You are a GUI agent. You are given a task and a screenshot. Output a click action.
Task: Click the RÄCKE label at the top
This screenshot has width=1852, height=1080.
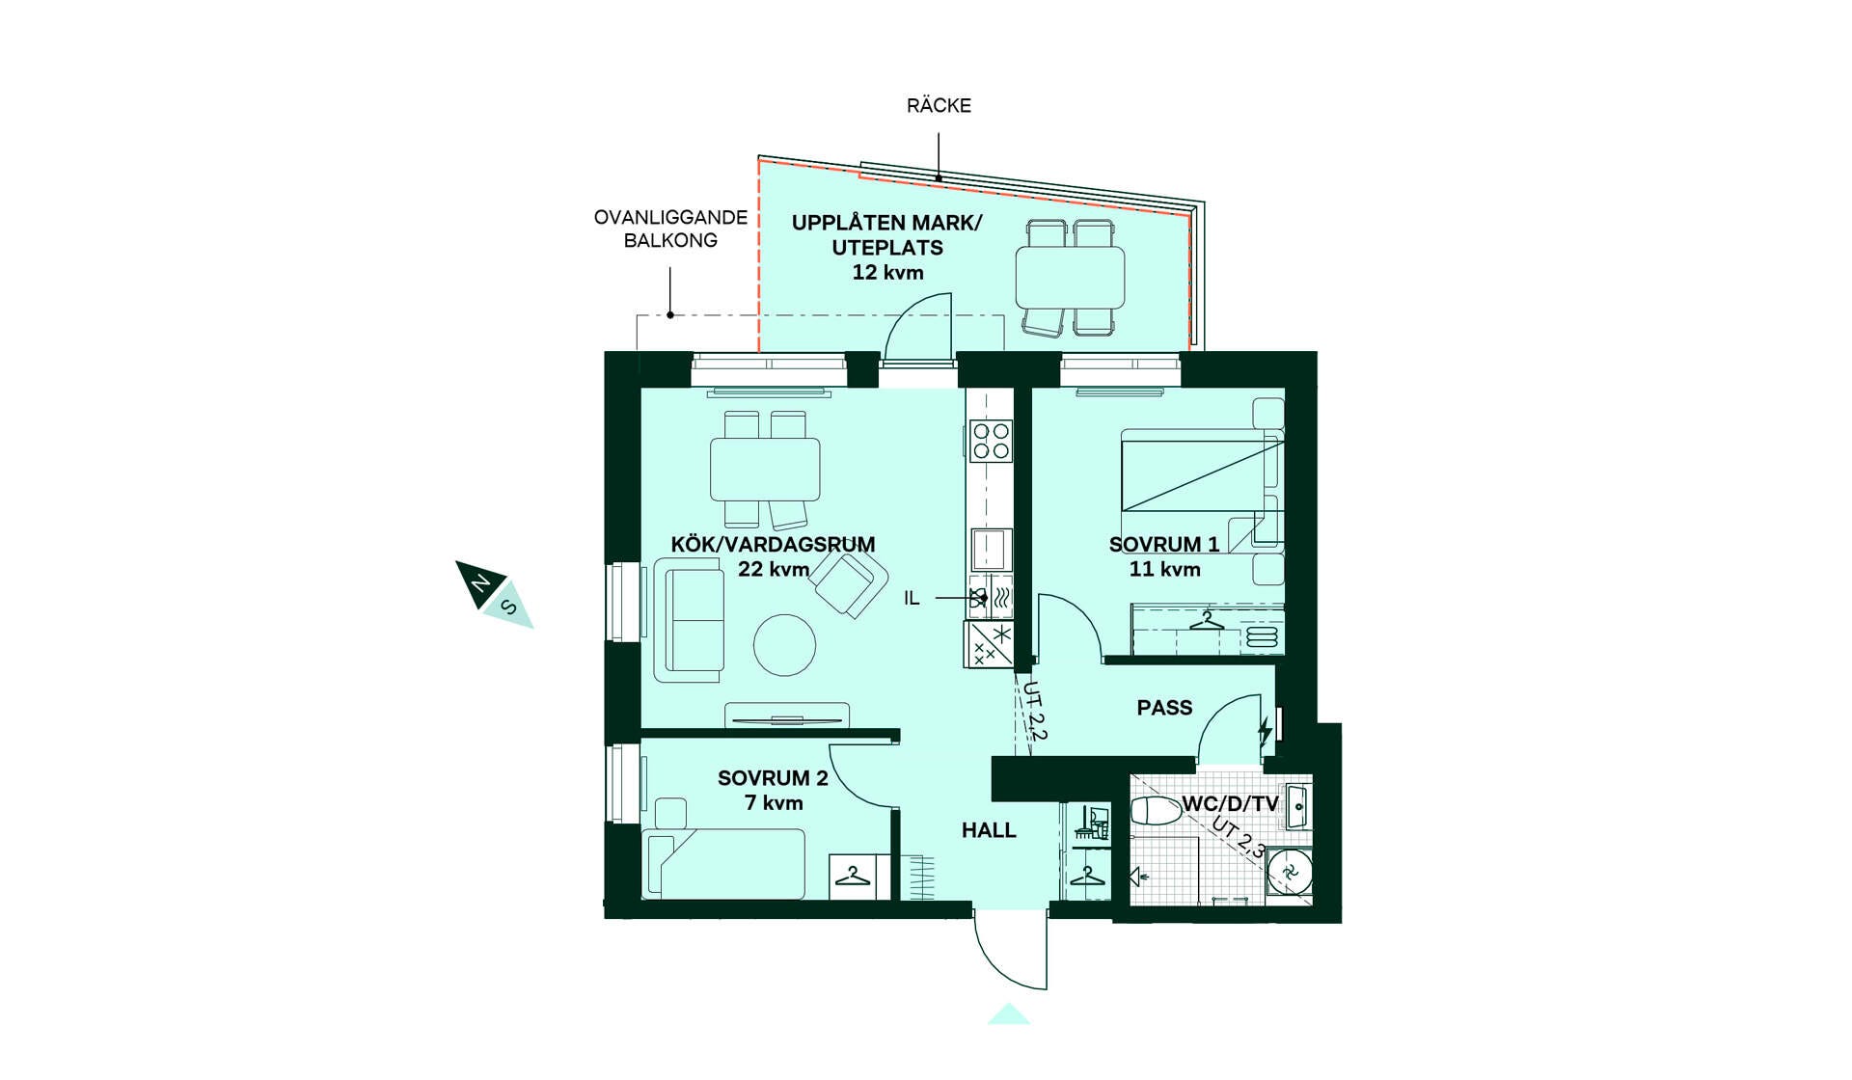(939, 105)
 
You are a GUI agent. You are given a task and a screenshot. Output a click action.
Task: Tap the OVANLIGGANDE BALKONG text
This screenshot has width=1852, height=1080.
(670, 229)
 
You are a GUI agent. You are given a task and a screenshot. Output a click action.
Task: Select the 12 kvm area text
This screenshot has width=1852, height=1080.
(887, 272)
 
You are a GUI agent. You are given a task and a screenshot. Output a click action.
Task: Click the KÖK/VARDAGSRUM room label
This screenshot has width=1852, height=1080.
(773, 544)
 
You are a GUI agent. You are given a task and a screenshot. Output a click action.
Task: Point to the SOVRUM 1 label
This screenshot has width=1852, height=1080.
(1164, 544)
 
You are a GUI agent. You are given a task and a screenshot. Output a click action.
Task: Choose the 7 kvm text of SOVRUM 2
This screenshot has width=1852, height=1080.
(774, 802)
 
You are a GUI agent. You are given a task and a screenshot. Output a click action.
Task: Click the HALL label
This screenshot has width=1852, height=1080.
(989, 829)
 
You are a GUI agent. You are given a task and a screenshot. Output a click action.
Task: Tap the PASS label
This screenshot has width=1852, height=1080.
(1164, 708)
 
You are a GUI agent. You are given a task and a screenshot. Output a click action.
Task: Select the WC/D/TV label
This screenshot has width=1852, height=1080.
(1230, 803)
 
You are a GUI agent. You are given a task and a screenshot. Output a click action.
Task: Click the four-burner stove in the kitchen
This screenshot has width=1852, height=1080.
(991, 441)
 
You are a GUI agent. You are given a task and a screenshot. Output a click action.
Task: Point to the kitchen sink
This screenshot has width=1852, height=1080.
(991, 550)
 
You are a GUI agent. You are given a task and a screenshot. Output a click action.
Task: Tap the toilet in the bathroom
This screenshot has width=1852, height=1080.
(1156, 811)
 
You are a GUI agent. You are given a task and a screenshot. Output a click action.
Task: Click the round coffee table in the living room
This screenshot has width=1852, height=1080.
(784, 645)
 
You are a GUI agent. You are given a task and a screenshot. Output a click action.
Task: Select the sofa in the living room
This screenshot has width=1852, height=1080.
(689, 620)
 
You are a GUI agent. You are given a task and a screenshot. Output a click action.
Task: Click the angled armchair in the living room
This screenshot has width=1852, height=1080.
(849, 581)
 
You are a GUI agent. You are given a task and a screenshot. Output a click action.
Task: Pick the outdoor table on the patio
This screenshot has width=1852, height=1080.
(1070, 277)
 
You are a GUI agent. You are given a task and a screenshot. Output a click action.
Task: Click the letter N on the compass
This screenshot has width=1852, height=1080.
(479, 582)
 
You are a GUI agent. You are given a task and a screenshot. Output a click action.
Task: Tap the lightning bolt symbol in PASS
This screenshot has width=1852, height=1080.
(1265, 732)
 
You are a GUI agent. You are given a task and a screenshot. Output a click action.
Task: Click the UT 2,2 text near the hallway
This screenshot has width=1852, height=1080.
(1034, 711)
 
